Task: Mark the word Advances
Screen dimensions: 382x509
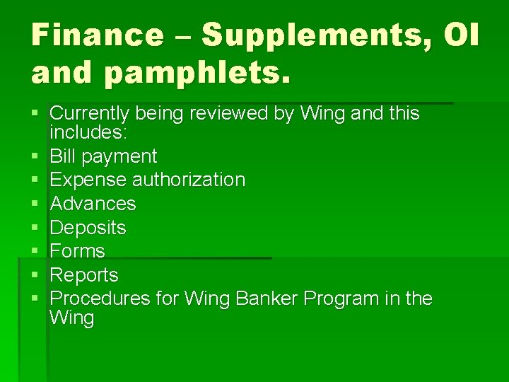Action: [93, 204]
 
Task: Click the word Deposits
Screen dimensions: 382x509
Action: [88, 228]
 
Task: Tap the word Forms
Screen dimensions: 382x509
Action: [78, 251]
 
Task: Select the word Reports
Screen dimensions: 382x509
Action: [85, 275]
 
